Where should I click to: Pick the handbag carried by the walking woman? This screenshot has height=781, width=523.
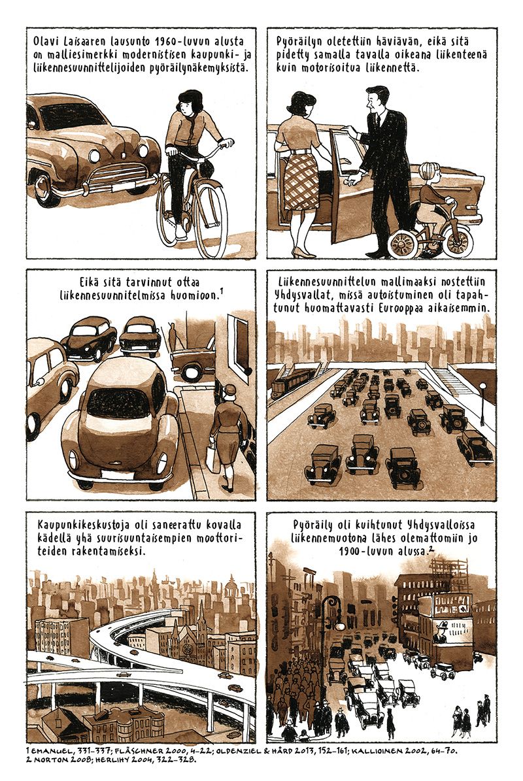pyautogui.click(x=212, y=459)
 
